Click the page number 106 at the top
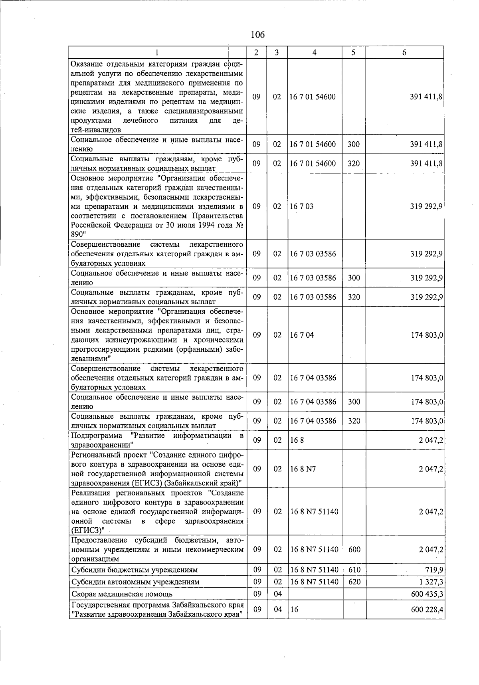tap(257, 35)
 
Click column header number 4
tap(315, 52)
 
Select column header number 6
tap(404, 52)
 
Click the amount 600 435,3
tap(427, 594)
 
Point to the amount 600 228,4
tap(427, 610)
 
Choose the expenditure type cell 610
tap(354, 570)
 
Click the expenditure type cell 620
tap(354, 582)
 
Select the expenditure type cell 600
tap(354, 549)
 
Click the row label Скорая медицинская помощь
tap(122, 594)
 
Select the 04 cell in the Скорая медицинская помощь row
tap(277, 594)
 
